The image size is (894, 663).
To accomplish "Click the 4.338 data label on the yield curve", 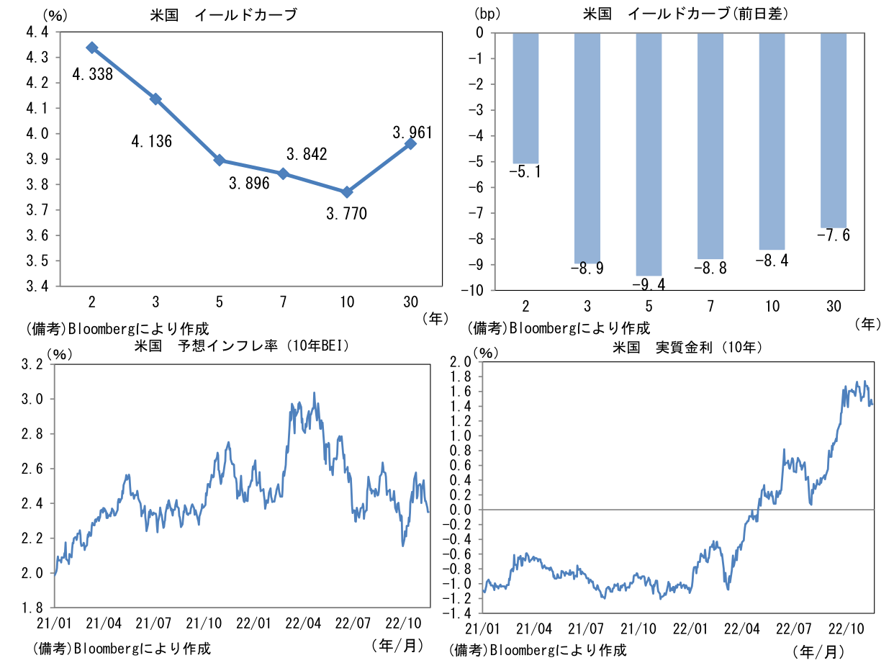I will click(x=92, y=73).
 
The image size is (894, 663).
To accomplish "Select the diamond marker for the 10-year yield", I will click(x=347, y=192).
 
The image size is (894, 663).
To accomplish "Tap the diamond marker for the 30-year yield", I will click(x=410, y=143).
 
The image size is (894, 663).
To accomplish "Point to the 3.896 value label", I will click(x=249, y=184).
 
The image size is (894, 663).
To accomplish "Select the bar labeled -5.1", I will click(x=525, y=98).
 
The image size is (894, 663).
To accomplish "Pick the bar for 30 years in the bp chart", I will click(x=834, y=130).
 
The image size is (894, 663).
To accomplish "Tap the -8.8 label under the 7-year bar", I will click(x=710, y=269).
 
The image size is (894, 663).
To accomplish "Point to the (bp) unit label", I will click(x=488, y=13).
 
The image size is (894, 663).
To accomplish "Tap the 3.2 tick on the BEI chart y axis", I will click(x=33, y=364).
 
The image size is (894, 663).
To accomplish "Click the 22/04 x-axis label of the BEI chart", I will click(x=303, y=621).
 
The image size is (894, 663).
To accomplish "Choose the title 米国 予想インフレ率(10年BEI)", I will click(x=242, y=346).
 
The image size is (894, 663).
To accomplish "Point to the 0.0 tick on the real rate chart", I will click(x=459, y=510).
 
